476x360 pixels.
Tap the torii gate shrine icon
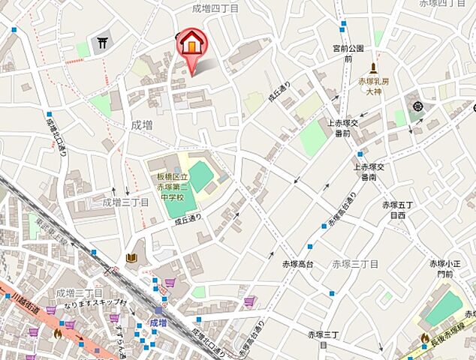coord(102,44)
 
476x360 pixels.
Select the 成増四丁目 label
coord(215,8)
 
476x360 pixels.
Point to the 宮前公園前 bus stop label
coord(348,52)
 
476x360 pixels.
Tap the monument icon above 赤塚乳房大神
coord(372,67)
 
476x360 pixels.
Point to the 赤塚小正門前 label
coord(442,268)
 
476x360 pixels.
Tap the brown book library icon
coord(132,259)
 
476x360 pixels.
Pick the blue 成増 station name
coord(157,322)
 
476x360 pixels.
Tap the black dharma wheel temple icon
coord(417,106)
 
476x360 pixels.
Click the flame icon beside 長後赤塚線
coord(425,338)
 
